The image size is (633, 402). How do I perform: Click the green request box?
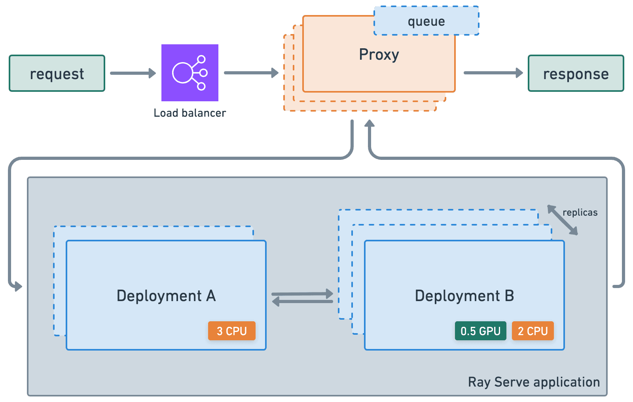coord(57,73)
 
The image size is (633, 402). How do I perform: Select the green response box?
coord(576,73)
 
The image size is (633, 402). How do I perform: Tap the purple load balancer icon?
coord(190,73)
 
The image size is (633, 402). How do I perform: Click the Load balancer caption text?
coord(190,113)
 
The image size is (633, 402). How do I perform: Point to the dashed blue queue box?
coord(426,21)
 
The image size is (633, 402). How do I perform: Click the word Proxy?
coord(379,55)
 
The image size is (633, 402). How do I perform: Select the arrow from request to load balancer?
coord(133,73)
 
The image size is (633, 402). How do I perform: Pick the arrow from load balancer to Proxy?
coord(251,73)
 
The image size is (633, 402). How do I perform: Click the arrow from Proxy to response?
coord(493,73)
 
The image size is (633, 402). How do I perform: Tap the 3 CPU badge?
coord(232,331)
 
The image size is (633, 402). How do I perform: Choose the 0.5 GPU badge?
coord(480,331)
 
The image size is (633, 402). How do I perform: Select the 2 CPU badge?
coord(533,331)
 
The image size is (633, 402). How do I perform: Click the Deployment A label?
coord(166,296)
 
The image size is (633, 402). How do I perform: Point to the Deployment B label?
coord(464,296)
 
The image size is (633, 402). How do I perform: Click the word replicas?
coord(580,212)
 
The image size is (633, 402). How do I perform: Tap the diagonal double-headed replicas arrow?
coord(563,220)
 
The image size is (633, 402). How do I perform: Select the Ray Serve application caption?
coord(534,382)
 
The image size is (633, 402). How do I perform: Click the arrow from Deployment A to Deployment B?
coord(302,294)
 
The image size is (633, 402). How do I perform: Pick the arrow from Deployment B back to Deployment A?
coord(302,301)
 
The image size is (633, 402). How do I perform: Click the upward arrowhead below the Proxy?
coord(370,123)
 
